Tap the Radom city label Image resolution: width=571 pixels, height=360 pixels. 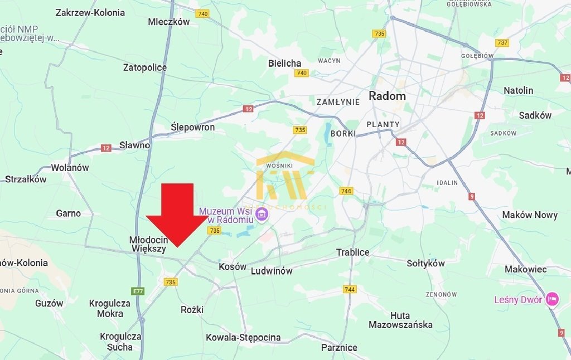pyautogui.click(x=387, y=96)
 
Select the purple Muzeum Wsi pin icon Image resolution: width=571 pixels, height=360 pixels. pyautogui.click(x=262, y=213)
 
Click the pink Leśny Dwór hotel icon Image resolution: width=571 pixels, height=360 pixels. pyautogui.click(x=552, y=299)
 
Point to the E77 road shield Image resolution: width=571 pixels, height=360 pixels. pyautogui.click(x=138, y=291)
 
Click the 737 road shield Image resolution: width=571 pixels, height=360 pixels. pyautogui.click(x=502, y=43)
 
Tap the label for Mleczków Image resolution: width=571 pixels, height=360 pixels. pyautogui.click(x=169, y=22)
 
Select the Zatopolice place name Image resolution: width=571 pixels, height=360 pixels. pyautogui.click(x=145, y=67)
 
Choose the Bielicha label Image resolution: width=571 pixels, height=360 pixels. pyautogui.click(x=284, y=63)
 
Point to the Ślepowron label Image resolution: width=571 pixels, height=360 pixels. pyautogui.click(x=192, y=128)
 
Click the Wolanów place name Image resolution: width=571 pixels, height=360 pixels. pyautogui.click(x=70, y=167)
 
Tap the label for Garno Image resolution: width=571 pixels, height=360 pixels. pyautogui.click(x=68, y=213)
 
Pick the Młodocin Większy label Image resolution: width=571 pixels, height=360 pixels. pyautogui.click(x=148, y=244)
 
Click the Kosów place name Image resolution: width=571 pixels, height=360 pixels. pyautogui.click(x=233, y=266)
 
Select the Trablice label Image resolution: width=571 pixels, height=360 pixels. pyautogui.click(x=352, y=252)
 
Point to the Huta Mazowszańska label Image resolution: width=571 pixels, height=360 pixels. pyautogui.click(x=400, y=319)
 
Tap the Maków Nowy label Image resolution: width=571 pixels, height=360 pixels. pyautogui.click(x=530, y=215)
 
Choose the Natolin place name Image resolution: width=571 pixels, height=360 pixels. pyautogui.click(x=518, y=90)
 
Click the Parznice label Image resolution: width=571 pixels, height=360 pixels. pyautogui.click(x=339, y=347)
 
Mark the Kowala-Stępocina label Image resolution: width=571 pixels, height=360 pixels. pyautogui.click(x=243, y=337)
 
